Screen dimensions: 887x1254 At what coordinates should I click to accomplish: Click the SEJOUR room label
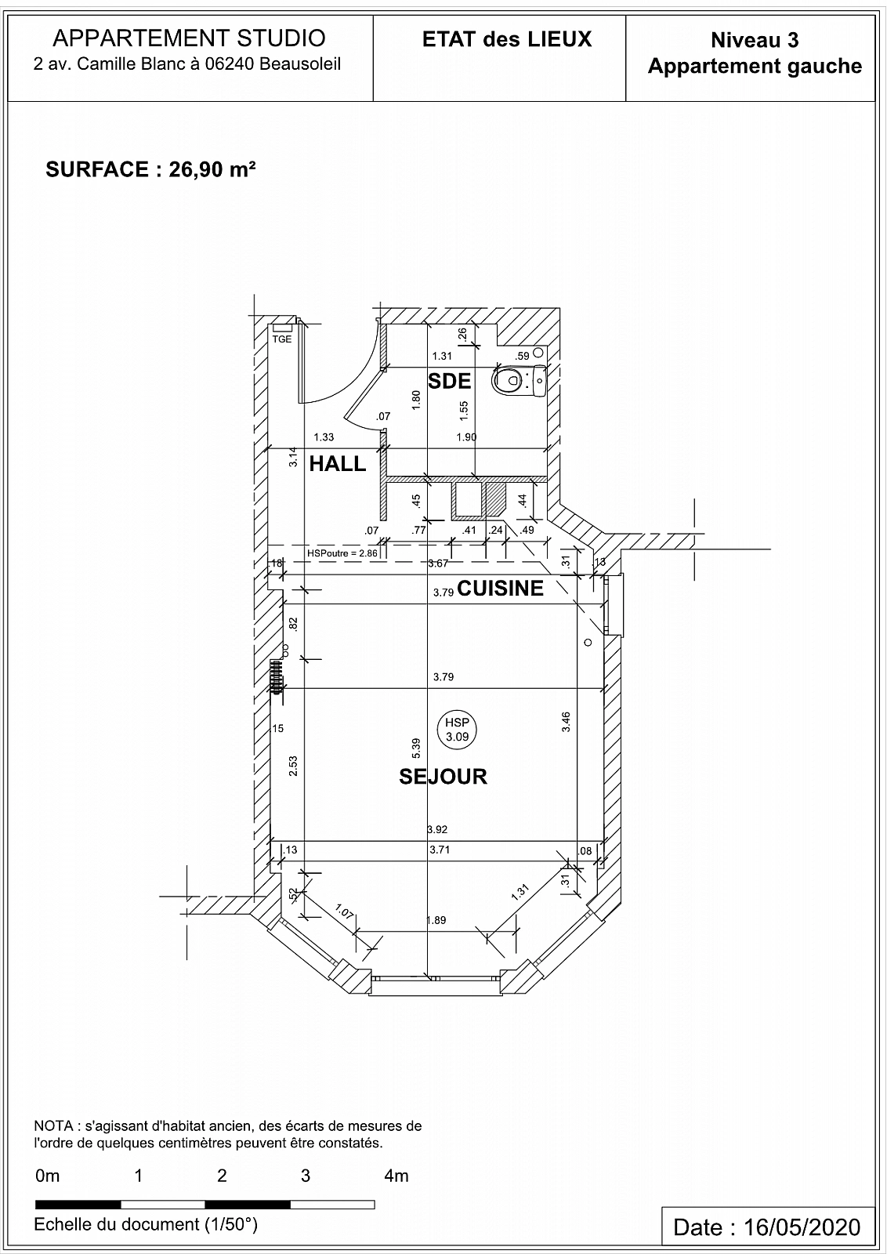(443, 777)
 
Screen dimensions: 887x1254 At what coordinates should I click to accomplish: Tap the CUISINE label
(500, 589)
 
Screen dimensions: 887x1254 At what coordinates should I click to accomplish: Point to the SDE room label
(449, 381)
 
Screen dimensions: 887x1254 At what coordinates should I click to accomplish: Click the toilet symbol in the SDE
(519, 381)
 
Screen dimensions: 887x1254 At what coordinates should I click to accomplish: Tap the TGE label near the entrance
(282, 339)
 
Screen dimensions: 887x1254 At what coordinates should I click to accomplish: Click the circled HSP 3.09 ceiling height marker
(457, 730)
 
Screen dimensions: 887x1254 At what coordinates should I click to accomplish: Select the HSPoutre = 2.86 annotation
(342, 553)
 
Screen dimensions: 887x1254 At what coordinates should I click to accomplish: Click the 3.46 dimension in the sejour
(566, 722)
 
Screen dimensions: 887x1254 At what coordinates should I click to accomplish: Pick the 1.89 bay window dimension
(436, 920)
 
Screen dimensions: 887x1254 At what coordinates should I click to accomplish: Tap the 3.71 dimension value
(440, 850)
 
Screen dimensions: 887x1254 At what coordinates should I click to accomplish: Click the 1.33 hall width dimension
(324, 437)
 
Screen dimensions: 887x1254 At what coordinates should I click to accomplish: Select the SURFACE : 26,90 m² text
(150, 169)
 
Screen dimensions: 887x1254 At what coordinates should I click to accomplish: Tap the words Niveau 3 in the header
(755, 40)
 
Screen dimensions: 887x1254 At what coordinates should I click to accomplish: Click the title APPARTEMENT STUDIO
(189, 38)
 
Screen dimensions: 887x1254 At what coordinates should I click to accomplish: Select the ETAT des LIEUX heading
(507, 39)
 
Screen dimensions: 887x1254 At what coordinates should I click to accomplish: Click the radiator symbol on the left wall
(275, 676)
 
